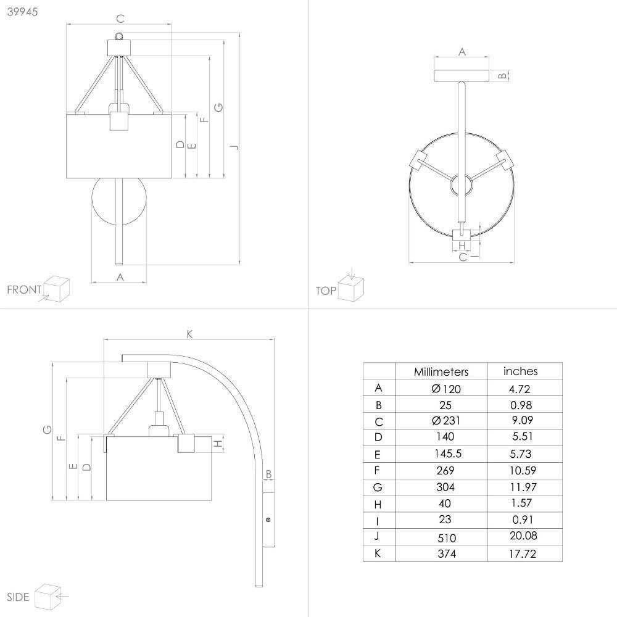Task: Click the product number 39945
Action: pos(22,12)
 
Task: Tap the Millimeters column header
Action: pos(441,372)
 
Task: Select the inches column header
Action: pos(520,371)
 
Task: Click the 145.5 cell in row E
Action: pos(448,453)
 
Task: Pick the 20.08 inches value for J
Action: pos(523,536)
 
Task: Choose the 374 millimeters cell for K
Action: pos(447,553)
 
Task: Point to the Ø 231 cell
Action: pos(446,421)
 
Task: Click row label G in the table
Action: pos(378,487)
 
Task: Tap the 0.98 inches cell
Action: pos(521,405)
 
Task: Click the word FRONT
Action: pos(24,289)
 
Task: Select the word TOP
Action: pos(326,291)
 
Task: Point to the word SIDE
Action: pos(18,597)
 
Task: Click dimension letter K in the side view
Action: pos(189,334)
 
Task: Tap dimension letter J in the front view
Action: pos(235,147)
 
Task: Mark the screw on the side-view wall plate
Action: pos(268,520)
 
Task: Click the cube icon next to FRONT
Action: pos(56,289)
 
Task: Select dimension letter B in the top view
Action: pos(502,75)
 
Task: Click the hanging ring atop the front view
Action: pos(119,36)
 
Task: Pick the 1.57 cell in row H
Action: pos(523,503)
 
